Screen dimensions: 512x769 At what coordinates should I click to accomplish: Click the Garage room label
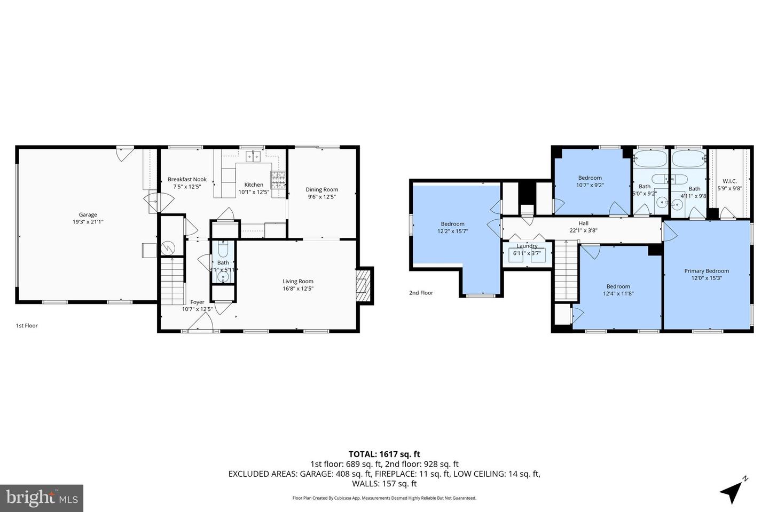88,215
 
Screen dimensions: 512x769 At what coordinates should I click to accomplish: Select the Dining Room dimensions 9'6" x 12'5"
322,197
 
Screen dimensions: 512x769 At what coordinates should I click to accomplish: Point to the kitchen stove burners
278,180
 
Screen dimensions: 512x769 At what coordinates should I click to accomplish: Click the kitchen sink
253,156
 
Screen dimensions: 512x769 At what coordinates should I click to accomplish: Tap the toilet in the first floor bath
223,249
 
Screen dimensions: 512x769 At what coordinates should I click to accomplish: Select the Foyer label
197,302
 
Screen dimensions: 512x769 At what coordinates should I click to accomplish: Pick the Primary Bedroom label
707,271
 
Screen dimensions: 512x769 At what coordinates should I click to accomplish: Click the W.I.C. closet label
729,181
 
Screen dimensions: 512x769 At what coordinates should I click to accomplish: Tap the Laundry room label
527,246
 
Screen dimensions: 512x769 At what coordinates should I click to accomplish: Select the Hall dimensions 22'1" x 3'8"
583,230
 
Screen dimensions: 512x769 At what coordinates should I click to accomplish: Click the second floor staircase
566,271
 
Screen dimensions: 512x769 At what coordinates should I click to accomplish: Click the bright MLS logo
41,498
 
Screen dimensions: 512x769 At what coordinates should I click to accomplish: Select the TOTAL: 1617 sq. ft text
384,454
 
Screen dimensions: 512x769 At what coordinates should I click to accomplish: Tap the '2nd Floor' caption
421,293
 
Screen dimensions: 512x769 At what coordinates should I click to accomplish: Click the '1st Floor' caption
27,325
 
